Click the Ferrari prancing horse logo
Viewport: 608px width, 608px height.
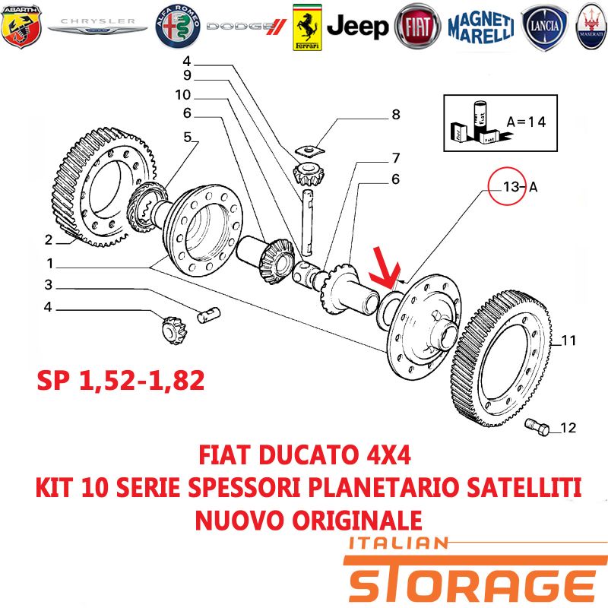click(307, 27)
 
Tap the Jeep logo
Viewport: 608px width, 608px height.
click(357, 27)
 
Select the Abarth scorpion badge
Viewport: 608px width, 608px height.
click(21, 27)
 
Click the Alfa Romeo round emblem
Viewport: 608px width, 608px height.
click(178, 27)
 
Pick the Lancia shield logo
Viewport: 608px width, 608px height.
click(544, 27)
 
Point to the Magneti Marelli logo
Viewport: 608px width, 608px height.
click(481, 27)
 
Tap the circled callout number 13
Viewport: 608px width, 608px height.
click(511, 187)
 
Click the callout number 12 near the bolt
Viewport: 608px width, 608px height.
click(568, 428)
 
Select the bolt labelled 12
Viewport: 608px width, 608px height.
click(537, 427)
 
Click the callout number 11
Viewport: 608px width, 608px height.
click(568, 340)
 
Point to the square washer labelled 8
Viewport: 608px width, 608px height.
click(309, 150)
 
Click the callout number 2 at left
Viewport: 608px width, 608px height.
click(49, 239)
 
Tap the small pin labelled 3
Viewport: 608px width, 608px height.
click(208, 315)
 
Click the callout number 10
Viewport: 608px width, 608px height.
click(182, 94)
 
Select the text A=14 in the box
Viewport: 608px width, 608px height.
click(526, 122)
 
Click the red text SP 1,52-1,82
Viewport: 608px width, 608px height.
click(121, 381)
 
